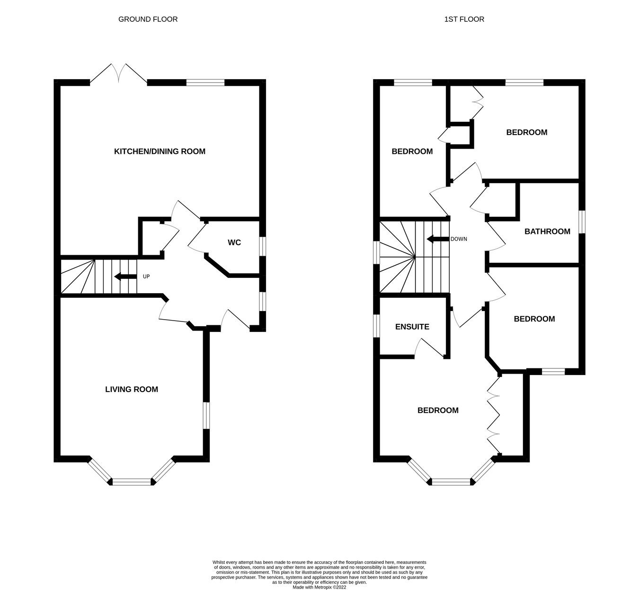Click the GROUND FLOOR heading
148,19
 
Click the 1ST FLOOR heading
464,19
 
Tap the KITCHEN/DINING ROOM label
160,152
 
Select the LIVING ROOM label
131,389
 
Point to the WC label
234,242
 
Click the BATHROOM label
547,232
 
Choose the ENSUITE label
412,327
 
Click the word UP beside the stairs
146,277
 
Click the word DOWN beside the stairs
459,239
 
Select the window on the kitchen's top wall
205,82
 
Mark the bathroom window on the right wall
582,222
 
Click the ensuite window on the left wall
377,326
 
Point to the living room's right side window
206,415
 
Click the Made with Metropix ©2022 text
319,587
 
